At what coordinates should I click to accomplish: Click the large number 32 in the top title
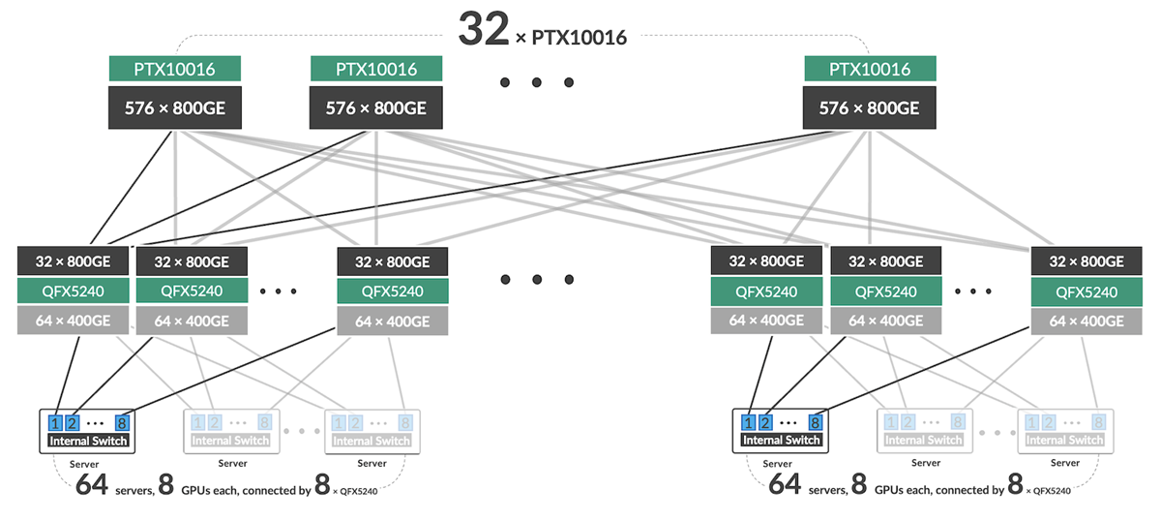point(483,29)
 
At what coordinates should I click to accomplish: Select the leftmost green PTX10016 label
point(174,69)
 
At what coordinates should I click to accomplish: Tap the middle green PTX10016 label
point(376,69)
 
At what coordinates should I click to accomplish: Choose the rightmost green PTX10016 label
point(870,69)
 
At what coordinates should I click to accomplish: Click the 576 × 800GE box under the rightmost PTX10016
point(870,108)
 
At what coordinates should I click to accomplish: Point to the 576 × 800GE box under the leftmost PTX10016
point(174,108)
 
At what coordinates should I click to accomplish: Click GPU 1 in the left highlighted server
point(56,422)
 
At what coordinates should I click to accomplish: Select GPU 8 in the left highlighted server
point(122,422)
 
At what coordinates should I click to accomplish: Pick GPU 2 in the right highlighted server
point(764,422)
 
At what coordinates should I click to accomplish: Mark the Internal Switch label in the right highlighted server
point(781,441)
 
